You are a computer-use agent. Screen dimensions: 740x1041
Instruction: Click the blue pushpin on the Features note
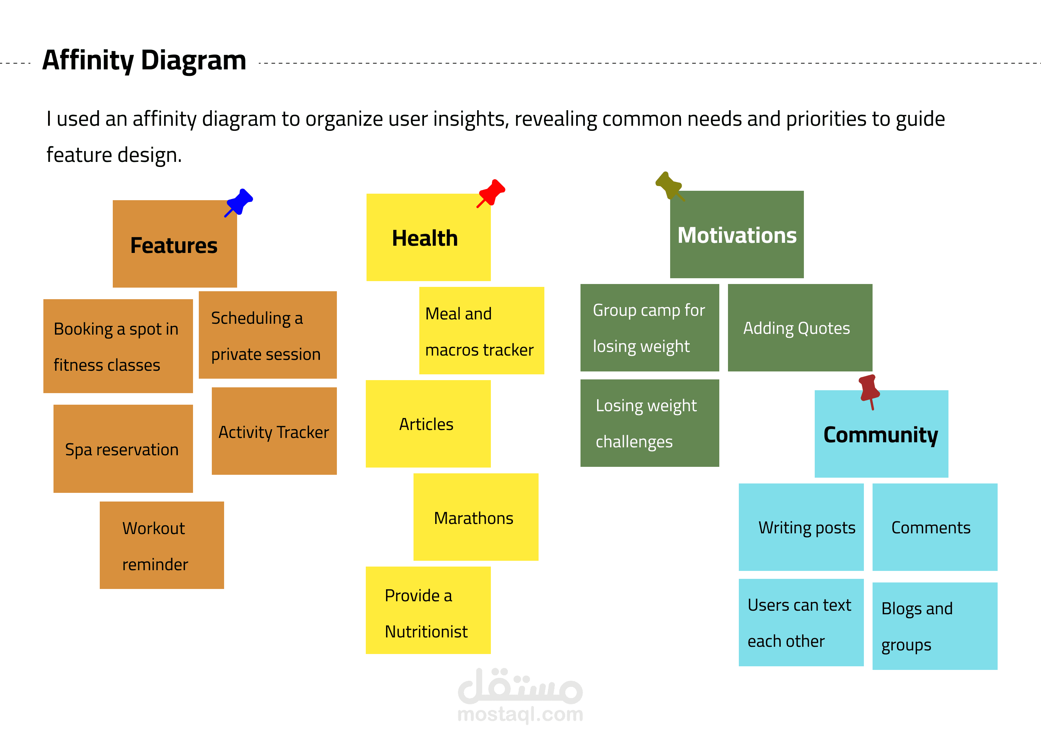tap(239, 202)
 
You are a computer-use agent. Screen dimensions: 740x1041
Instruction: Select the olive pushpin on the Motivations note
tap(669, 185)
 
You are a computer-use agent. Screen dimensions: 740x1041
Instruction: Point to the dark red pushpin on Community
tap(869, 390)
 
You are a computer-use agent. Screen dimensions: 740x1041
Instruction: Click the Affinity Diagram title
tap(144, 60)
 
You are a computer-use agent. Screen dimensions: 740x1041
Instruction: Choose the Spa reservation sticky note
tap(123, 449)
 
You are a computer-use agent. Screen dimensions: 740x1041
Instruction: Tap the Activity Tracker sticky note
tap(274, 431)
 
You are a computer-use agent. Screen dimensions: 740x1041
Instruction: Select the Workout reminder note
tap(162, 546)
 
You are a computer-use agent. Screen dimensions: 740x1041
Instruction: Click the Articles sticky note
tap(428, 424)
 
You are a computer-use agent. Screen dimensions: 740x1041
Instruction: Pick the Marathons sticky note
tap(475, 517)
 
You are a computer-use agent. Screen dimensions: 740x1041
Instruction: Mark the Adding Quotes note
tap(800, 328)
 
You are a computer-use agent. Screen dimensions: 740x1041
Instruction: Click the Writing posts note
tap(801, 527)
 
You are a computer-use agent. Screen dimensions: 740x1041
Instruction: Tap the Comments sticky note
tap(934, 527)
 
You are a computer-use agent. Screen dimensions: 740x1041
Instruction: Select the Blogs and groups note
tap(934, 626)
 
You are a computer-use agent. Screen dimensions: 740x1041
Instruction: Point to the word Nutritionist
tap(426, 632)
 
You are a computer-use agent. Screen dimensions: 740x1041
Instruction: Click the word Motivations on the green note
tap(737, 235)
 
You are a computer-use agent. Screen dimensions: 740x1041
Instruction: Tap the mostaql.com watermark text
tap(520, 714)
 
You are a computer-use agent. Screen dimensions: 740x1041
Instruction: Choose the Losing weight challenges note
tap(649, 423)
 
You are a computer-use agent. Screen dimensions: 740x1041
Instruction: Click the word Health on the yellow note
tap(425, 238)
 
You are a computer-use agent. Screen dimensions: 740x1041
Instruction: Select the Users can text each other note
tap(801, 623)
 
